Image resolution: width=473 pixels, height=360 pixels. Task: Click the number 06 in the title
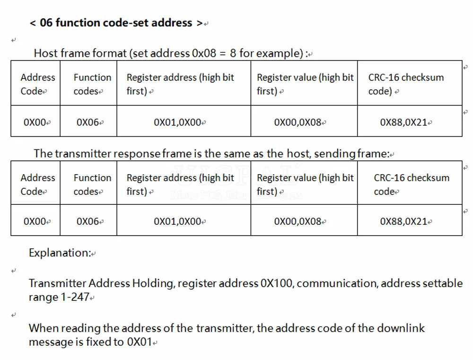pyautogui.click(x=46, y=23)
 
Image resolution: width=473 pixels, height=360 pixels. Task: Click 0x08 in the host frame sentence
pyautogui.click(x=204, y=53)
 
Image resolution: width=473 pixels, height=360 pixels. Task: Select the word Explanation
pyautogui.click(x=59, y=253)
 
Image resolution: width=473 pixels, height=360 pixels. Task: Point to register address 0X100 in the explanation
pyautogui.click(x=276, y=283)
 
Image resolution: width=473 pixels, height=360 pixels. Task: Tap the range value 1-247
pyautogui.click(x=75, y=297)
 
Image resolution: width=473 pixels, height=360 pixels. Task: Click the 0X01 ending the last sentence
pyautogui.click(x=140, y=342)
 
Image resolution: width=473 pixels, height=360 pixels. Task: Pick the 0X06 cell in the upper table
pyautogui.click(x=88, y=122)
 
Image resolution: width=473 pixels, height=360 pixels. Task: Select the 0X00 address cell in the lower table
pyautogui.click(x=35, y=221)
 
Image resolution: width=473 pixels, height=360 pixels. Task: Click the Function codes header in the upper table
pyautogui.click(x=92, y=84)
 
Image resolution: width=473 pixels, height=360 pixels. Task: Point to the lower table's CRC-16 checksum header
pyautogui.click(x=412, y=184)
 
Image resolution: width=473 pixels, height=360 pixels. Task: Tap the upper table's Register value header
pyautogui.click(x=305, y=84)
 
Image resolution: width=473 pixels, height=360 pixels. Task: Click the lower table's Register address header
pyautogui.click(x=180, y=184)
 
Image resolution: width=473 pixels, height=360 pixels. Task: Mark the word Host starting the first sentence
pyautogui.click(x=46, y=53)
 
